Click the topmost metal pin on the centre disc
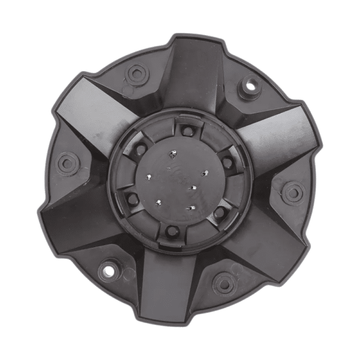173,155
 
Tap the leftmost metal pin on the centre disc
149,177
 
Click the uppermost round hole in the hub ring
187,131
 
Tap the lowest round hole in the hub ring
170,230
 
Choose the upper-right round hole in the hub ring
227,161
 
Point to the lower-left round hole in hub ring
131,199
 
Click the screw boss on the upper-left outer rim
137,74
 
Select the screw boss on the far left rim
67,163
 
